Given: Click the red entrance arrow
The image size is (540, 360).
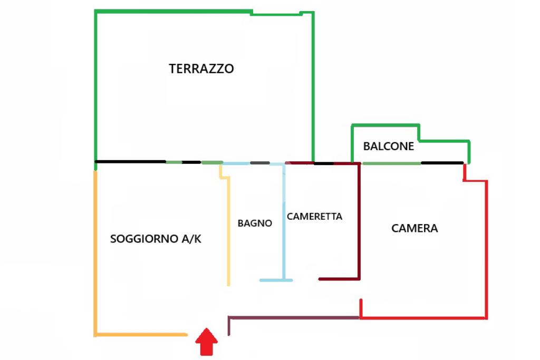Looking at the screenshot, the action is click(207, 342).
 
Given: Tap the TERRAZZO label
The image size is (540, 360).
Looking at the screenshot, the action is click(201, 69).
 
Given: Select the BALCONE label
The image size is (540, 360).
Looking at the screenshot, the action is click(388, 147).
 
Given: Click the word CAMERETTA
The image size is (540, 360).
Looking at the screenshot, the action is click(314, 216).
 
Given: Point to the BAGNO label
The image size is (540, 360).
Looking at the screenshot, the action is click(255, 223).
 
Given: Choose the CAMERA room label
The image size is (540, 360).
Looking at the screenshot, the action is click(414, 228).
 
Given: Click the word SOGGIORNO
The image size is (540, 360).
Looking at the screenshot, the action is click(144, 239).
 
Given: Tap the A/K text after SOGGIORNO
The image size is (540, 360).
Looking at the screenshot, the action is click(191, 239).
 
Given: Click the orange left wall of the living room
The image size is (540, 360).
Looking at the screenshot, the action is click(95, 253).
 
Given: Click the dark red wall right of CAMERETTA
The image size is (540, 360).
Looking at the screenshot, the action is click(359, 221).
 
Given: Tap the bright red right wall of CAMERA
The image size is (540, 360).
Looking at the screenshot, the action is click(486, 248).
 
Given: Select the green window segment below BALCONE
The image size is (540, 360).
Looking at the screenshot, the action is click(391, 163).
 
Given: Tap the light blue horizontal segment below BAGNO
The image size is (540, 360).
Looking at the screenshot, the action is click(276, 280).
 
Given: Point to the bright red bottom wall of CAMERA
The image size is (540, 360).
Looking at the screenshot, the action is click(422, 318).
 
